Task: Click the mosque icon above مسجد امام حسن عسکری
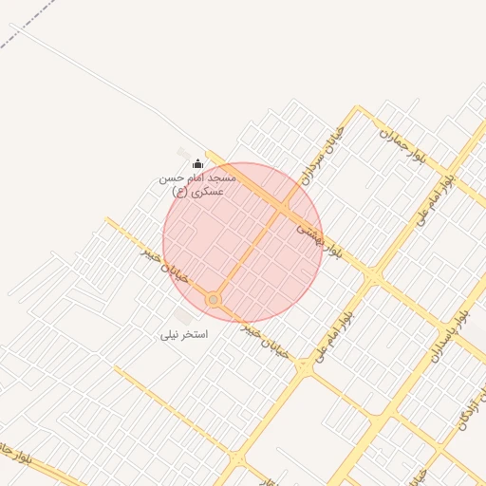click(x=197, y=163)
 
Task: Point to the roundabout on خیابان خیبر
click(x=215, y=300)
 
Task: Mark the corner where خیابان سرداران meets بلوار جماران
click(x=358, y=111)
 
